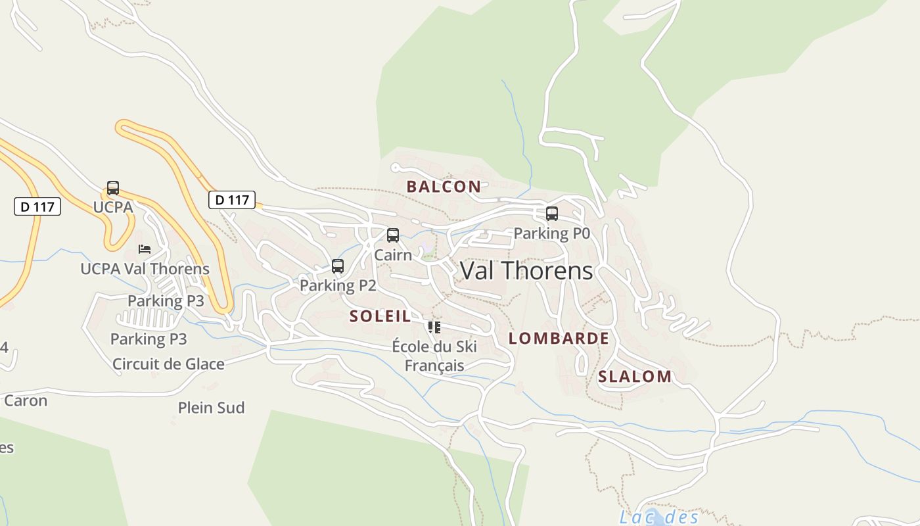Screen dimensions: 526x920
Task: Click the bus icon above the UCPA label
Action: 113,188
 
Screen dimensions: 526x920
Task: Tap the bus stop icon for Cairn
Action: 393,235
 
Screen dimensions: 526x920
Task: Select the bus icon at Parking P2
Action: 338,266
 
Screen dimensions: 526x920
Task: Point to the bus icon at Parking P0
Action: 552,214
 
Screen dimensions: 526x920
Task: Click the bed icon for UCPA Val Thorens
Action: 145,249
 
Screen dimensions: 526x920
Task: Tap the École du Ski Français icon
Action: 434,327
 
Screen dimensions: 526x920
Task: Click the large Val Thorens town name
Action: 526,271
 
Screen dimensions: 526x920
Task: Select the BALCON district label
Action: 444,187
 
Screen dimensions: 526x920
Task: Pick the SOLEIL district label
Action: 380,316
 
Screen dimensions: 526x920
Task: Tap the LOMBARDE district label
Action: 559,339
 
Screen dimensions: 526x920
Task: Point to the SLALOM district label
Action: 635,377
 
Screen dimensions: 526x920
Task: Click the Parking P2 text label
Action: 338,285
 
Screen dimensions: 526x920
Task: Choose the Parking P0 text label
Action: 552,233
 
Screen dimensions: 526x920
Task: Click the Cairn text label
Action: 393,254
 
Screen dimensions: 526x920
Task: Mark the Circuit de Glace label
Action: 168,364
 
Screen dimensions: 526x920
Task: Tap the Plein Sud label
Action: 211,408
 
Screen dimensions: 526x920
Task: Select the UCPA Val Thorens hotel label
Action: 145,268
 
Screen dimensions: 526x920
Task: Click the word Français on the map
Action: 434,366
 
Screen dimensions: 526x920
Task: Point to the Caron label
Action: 26,400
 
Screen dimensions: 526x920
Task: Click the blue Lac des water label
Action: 659,517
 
